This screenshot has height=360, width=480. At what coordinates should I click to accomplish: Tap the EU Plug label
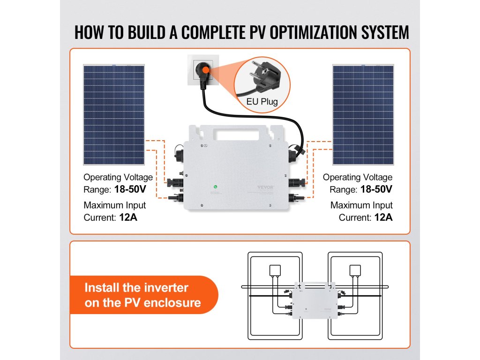(x=263, y=101)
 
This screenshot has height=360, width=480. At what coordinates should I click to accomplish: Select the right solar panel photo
(x=363, y=115)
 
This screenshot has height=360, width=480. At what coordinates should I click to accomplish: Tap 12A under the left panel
(x=128, y=217)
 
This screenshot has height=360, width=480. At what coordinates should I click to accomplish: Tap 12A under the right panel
(x=383, y=217)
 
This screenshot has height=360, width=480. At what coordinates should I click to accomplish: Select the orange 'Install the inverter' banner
(x=143, y=295)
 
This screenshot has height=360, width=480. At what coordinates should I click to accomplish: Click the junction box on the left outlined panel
(x=274, y=270)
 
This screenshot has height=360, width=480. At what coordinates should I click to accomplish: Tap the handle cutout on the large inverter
(x=237, y=134)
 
